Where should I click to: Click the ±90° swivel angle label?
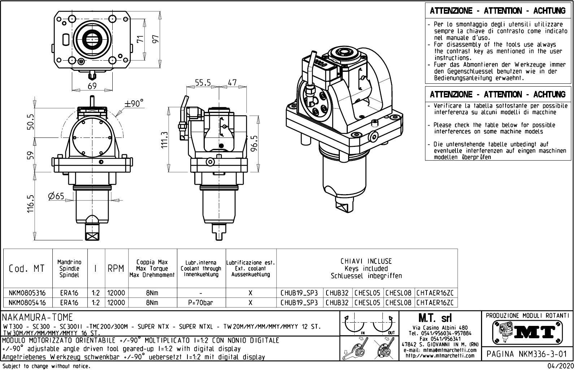tap(134, 104)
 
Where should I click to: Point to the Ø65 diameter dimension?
tap(56, 196)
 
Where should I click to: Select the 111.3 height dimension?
tap(165, 140)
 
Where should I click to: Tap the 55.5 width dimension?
tap(203, 83)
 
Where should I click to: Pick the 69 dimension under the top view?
tap(92, 86)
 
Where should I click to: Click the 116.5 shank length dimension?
tap(30, 205)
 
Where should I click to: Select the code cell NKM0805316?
tap(27, 293)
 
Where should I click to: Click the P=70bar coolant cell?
tap(201, 303)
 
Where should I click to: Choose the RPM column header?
tap(116, 269)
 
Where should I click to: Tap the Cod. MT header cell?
tap(27, 269)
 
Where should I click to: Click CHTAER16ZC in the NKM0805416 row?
tap(435, 303)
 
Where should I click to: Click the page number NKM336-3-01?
tap(527, 354)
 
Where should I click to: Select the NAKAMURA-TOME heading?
tap(38, 318)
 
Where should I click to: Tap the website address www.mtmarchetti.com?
tap(440, 356)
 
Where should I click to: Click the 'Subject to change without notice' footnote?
tap(46, 366)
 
